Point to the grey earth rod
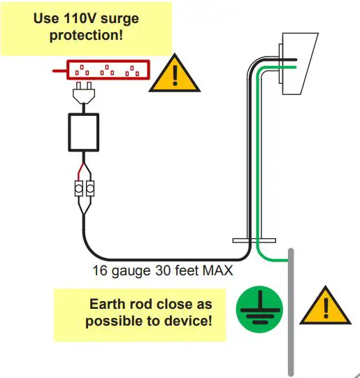291,314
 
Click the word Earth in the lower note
108,305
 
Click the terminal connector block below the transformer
85,189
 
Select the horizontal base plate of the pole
250,240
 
